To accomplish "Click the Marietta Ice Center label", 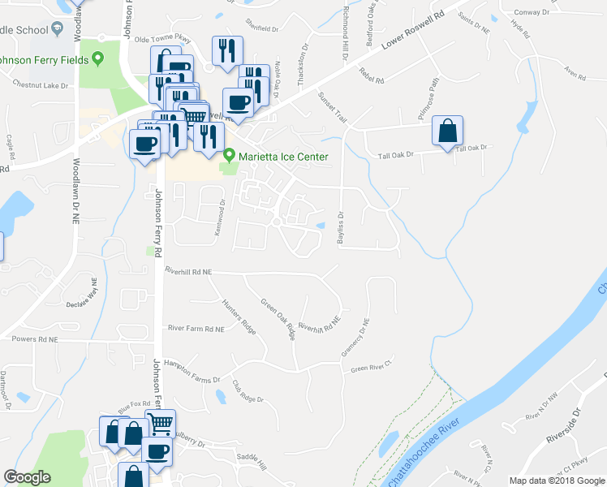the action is coord(282,157).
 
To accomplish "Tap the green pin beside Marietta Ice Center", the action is coord(230,155).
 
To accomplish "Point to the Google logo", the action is coord(27,477).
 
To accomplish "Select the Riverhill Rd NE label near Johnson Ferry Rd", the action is coord(187,270).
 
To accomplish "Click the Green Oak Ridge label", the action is coord(277,319).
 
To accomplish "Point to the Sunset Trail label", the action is coord(332,108).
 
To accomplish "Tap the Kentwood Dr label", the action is coord(221,214).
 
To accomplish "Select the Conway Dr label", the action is coord(532,12).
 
